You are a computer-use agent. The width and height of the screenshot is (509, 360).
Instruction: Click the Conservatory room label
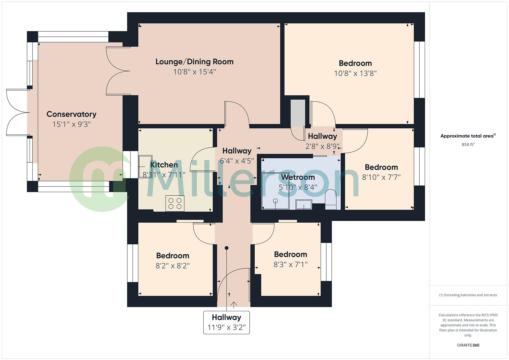[x=71, y=114]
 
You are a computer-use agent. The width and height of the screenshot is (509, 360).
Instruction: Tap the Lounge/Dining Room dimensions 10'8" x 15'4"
[x=194, y=72]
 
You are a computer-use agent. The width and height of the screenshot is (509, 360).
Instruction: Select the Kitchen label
[x=164, y=165]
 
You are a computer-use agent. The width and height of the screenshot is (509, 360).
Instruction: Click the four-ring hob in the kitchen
[x=175, y=203]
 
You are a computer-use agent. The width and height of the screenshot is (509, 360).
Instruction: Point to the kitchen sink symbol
[x=145, y=166]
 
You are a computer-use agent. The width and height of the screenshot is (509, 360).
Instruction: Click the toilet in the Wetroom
[x=331, y=200]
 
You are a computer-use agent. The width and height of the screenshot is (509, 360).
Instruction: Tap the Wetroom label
[x=298, y=177]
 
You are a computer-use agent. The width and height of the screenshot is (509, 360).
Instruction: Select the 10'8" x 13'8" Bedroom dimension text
[x=355, y=73]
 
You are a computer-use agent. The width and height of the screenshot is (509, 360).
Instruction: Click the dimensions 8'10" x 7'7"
[x=381, y=177]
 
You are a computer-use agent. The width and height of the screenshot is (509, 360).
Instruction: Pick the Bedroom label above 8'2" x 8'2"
[x=172, y=256]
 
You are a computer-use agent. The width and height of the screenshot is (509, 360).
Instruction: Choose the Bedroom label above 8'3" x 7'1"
[x=290, y=254]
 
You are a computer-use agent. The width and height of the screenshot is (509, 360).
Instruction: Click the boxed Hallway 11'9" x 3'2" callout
[x=226, y=322]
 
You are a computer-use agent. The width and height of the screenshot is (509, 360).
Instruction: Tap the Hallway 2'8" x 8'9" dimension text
[x=322, y=146]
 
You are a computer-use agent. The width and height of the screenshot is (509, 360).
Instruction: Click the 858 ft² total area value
[x=468, y=145]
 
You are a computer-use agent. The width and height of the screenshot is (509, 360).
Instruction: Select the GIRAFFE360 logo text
[x=468, y=345]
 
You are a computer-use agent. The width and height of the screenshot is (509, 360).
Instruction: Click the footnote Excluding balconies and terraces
[x=468, y=295]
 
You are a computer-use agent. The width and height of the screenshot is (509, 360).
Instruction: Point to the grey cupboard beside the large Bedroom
[x=298, y=113]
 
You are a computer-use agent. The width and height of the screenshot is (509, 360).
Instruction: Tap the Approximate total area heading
[x=468, y=136]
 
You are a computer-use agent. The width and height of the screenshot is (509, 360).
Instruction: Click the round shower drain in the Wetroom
[x=275, y=201]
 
